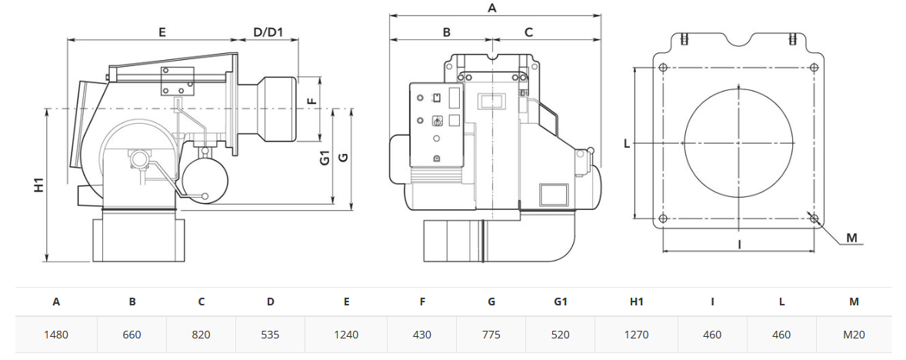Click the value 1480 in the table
point(56,335)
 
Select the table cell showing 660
point(132,335)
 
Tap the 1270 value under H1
point(636,335)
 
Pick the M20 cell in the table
point(854,335)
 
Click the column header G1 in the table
point(561,302)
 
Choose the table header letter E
point(346,302)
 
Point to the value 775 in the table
point(491,335)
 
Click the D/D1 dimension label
point(268,32)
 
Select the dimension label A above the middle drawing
point(492,8)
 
